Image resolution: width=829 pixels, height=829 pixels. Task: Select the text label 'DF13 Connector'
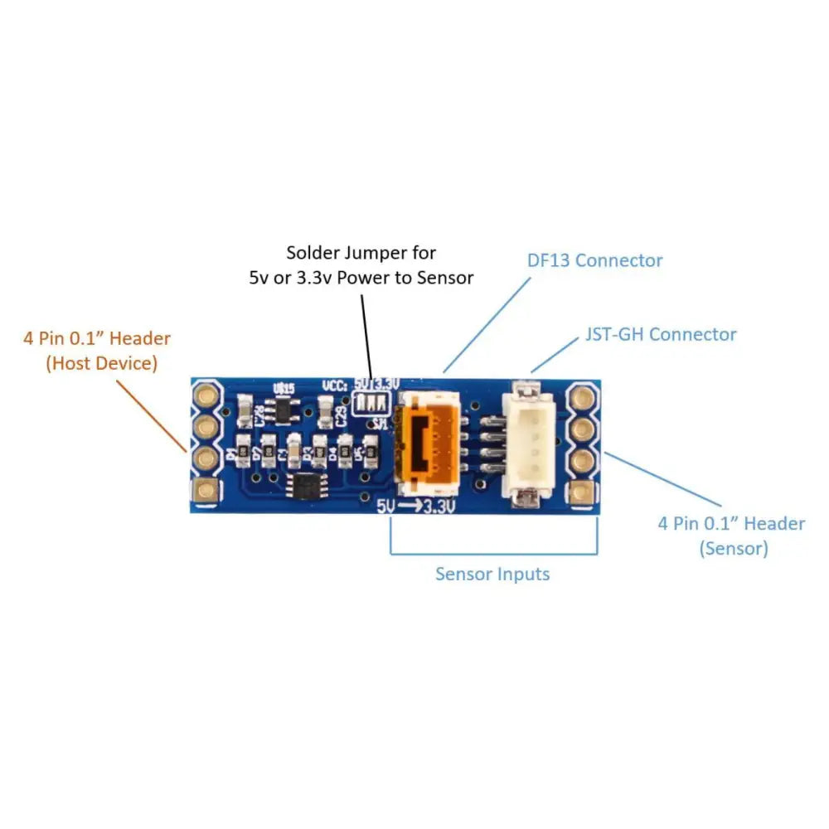pos(595,260)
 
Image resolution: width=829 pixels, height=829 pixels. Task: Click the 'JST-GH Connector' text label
pos(660,334)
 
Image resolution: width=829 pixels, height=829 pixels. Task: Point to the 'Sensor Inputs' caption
pos(492,574)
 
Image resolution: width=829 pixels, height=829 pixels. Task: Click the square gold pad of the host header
pos(204,491)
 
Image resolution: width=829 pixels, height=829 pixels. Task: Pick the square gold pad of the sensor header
pos(584,492)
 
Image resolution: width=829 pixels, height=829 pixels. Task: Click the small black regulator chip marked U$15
pos(287,407)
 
